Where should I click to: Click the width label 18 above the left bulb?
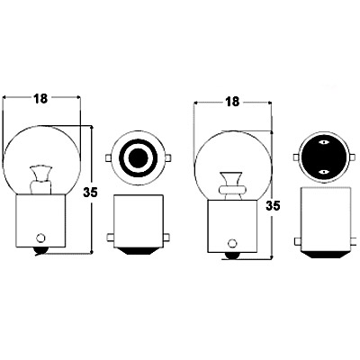[40, 99]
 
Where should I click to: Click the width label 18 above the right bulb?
[233, 102]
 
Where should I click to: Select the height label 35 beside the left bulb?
[90, 193]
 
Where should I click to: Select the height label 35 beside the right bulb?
[273, 206]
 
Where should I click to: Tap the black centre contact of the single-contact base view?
[138, 157]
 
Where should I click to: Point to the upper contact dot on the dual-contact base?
[324, 142]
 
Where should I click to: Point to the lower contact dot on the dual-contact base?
[324, 172]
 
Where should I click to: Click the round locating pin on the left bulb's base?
[40, 238]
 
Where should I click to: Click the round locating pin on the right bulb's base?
[232, 242]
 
